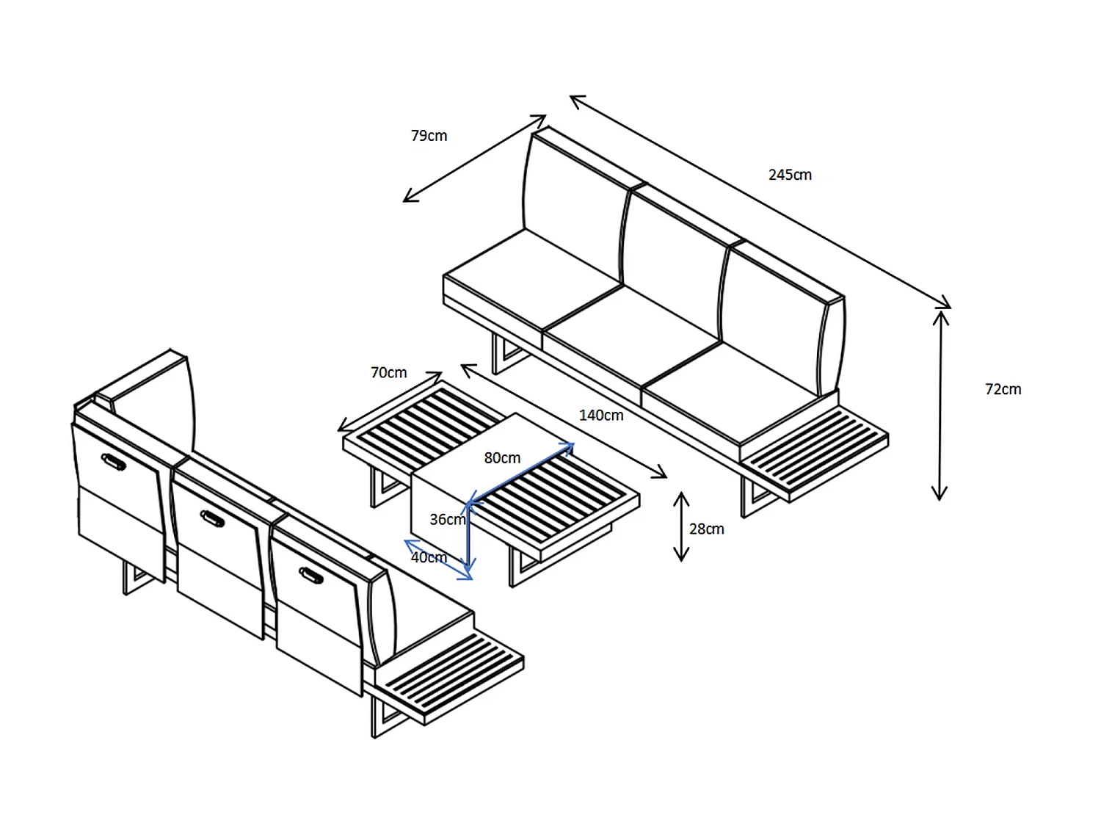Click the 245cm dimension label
(790, 175)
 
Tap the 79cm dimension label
(429, 135)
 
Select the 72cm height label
(1003, 389)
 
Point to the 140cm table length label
(601, 416)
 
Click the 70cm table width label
(389, 373)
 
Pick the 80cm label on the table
(502, 458)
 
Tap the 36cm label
(448, 520)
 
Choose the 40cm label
(429, 557)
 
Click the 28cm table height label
(706, 529)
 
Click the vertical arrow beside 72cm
(940, 405)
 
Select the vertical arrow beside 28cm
(680, 526)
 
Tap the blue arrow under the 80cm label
(520, 473)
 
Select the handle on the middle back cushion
(212, 518)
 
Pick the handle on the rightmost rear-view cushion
(311, 575)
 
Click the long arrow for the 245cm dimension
(760, 201)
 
